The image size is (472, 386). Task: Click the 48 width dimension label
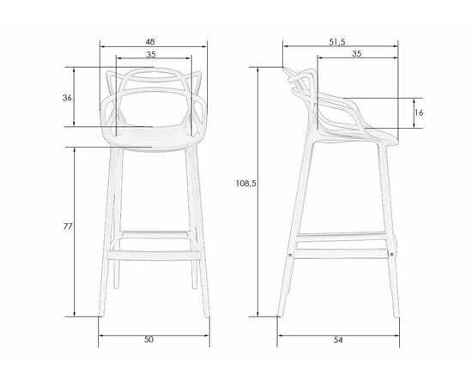pos(150,41)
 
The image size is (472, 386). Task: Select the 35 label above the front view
pos(151,54)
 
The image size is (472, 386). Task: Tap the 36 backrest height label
pos(67,98)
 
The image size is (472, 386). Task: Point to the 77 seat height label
pos(68,226)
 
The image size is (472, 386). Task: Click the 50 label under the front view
pos(148,340)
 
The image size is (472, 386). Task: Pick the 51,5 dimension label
pos(337,42)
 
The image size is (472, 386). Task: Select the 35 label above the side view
pos(356,53)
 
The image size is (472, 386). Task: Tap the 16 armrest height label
pos(419,112)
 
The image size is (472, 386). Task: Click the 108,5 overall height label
pos(246,184)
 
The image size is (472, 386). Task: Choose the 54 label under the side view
pos(338,340)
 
